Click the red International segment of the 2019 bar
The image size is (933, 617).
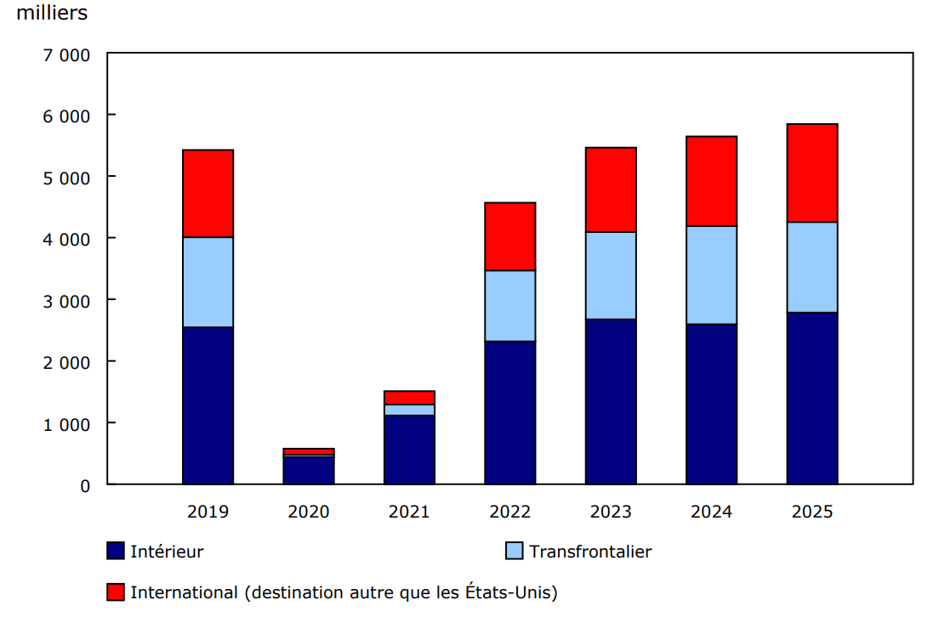coord(208,194)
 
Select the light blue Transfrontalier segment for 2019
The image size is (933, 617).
coord(208,282)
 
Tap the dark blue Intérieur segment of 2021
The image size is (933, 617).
coord(409,450)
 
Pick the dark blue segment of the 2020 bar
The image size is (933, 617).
coord(308,471)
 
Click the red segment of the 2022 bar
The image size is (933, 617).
coord(509,236)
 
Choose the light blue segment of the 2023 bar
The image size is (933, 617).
coord(611,275)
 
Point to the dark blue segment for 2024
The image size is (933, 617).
coord(711,404)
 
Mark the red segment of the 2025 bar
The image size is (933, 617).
coord(811,173)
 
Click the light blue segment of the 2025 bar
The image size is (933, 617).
coord(811,267)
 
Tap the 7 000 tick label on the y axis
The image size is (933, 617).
coord(65,54)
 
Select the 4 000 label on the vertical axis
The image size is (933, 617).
coord(65,239)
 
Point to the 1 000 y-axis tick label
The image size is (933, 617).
coord(65,423)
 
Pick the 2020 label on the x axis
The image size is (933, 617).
coord(308,512)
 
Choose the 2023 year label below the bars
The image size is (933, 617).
coord(611,512)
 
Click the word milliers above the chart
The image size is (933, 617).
coord(51,14)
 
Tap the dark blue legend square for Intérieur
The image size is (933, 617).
coord(116,551)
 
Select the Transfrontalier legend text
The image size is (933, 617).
coord(590,552)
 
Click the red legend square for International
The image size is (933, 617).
coord(116,592)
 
